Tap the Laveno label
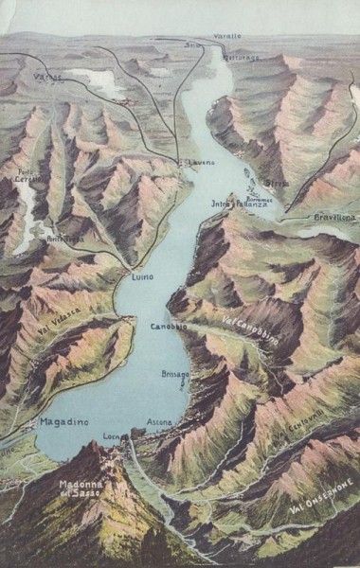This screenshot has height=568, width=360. (201, 164)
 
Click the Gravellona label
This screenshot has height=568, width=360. (335, 217)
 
